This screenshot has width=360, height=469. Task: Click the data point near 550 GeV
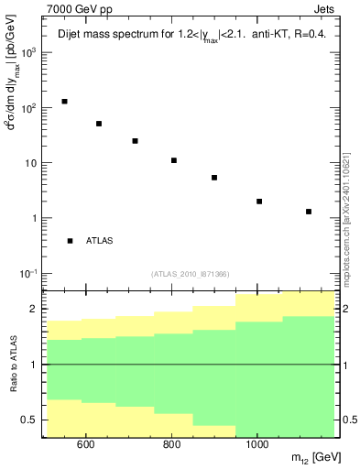pyautogui.click(x=64, y=102)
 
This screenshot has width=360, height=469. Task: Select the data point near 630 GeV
pyautogui.click(x=99, y=124)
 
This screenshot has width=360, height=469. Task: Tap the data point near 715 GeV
pyautogui.click(x=135, y=141)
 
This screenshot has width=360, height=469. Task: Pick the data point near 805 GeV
pyautogui.click(x=174, y=160)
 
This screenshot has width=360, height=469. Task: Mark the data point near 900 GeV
pyautogui.click(x=214, y=178)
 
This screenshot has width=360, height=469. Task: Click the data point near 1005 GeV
pyautogui.click(x=259, y=202)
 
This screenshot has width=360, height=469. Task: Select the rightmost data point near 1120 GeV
pyautogui.click(x=309, y=212)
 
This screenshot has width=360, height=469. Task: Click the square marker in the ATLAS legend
pyautogui.click(x=70, y=241)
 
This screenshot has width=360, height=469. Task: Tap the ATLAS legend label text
pyautogui.click(x=100, y=241)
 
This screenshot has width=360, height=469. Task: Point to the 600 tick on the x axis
pyautogui.click(x=86, y=446)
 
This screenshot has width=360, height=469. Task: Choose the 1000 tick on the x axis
pyautogui.click(x=257, y=446)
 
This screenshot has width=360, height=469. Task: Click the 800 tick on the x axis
pyautogui.click(x=172, y=446)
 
